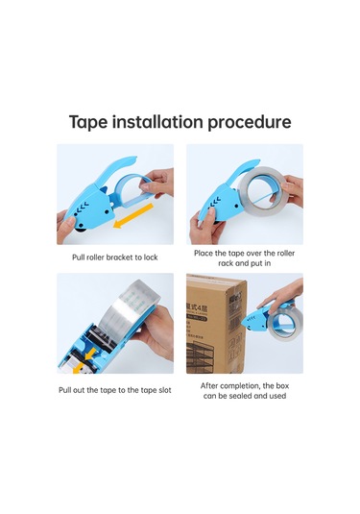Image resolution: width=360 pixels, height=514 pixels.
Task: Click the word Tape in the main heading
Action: (x=88, y=122)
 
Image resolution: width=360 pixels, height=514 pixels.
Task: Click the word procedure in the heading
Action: (x=250, y=122)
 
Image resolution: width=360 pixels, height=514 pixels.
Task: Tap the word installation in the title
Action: (x=157, y=121)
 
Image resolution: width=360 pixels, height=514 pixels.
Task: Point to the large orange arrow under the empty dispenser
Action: (x=133, y=215)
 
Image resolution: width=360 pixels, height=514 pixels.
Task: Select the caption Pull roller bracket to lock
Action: (x=114, y=257)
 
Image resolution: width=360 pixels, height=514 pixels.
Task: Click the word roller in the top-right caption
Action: (x=286, y=253)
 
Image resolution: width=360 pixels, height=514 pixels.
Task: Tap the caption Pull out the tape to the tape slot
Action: (x=114, y=390)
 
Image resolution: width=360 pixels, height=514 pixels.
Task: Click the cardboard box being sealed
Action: (x=216, y=324)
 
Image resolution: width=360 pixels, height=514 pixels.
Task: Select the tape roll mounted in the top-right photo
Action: (x=264, y=191)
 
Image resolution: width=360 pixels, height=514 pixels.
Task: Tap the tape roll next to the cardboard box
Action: (x=284, y=323)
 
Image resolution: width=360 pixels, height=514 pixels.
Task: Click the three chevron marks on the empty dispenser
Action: (x=84, y=207)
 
